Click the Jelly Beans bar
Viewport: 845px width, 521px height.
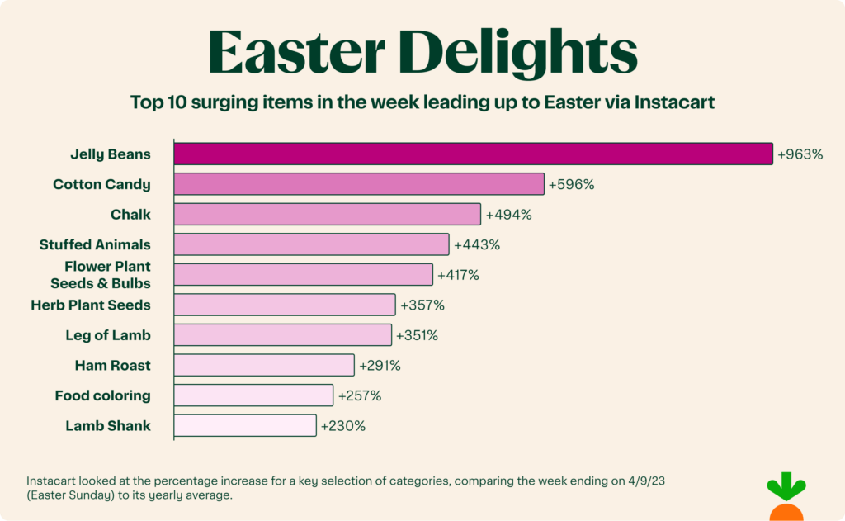(473, 154)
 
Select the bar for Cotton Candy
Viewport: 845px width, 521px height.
(359, 184)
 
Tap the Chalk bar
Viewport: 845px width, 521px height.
(327, 214)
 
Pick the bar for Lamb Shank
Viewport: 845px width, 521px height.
(245, 425)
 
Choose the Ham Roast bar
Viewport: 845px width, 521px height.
(264, 365)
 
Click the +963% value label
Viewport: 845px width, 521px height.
(800, 154)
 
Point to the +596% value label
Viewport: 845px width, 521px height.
(571, 184)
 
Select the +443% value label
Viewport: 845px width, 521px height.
(477, 244)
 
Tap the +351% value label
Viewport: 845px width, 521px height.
(417, 335)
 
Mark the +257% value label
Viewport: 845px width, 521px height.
(359, 395)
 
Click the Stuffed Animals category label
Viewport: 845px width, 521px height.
(95, 244)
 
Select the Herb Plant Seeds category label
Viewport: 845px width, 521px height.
(91, 305)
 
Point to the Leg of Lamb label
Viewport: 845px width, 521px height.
(108, 335)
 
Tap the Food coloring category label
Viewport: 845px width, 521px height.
(102, 395)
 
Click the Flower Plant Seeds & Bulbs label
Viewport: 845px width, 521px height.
(101, 275)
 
